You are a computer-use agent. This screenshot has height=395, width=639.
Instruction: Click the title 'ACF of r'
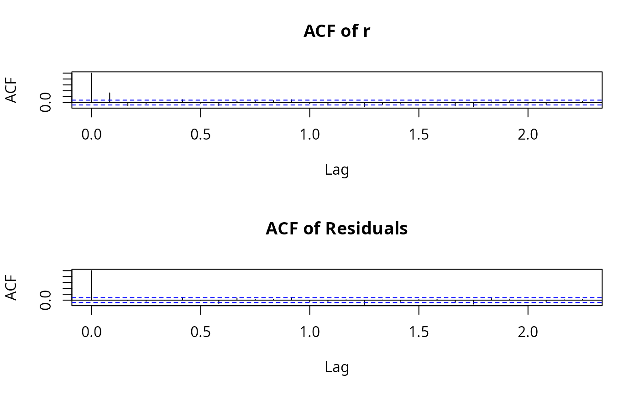[x=337, y=31]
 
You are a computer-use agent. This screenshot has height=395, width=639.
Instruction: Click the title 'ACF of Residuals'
[x=337, y=229]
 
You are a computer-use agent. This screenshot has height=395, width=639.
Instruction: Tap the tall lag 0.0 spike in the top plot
[x=92, y=87]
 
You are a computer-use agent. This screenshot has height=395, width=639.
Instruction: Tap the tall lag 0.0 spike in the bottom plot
[x=92, y=284]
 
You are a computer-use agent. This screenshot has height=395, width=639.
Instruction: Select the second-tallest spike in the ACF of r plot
[x=110, y=97]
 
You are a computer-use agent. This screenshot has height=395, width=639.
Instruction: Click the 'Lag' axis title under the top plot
[x=337, y=170]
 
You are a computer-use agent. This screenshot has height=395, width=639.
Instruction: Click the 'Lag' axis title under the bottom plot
[x=337, y=367]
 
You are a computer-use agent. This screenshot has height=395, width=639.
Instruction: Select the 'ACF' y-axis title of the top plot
[x=12, y=90]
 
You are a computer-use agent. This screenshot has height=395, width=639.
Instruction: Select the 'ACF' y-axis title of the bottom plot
[x=12, y=287]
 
